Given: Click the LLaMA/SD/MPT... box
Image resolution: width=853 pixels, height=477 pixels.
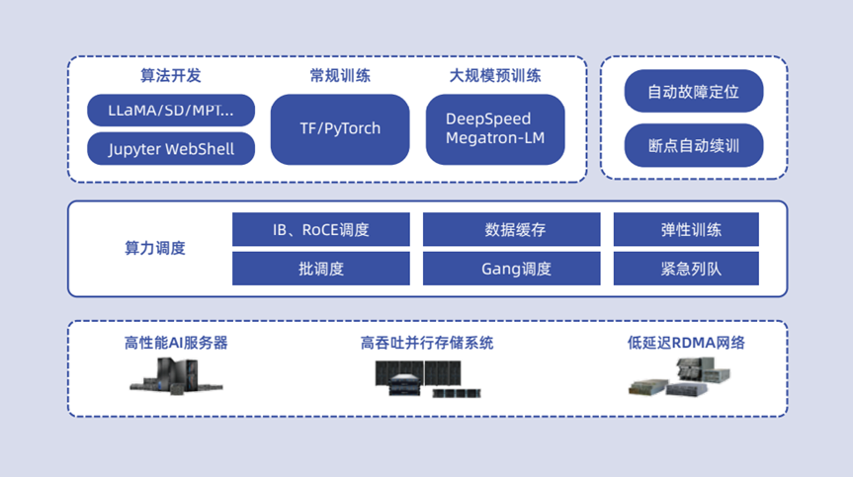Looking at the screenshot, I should click(170, 110).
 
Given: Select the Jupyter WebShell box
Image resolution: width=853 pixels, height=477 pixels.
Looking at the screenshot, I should click(170, 148).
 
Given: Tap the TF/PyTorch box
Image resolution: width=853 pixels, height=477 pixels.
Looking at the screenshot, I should click(340, 128).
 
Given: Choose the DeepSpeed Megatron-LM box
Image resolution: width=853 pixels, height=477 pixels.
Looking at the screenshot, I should click(495, 128).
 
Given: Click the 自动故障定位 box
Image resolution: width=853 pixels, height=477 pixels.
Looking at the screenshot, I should click(693, 92).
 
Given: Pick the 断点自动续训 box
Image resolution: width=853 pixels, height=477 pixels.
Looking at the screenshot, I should click(693, 146).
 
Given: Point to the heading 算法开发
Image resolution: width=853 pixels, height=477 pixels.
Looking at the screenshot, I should click(170, 76).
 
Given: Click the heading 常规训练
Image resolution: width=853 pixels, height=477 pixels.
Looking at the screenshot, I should click(340, 76).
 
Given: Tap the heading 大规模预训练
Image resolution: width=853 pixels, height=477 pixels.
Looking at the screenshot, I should click(495, 76).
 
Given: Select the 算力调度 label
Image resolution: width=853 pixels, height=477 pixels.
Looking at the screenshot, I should click(155, 249).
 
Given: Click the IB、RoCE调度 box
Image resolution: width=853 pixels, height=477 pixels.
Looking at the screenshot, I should click(320, 230).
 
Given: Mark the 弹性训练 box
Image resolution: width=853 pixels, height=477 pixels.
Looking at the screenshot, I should click(686, 230).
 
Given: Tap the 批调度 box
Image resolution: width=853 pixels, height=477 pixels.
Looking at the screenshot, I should click(320, 269).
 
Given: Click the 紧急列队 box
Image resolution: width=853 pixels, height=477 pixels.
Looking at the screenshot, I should click(686, 269).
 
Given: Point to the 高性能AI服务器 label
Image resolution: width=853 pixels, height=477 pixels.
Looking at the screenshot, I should click(176, 343).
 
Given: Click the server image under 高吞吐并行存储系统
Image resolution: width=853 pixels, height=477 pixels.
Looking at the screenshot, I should click(428, 377).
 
